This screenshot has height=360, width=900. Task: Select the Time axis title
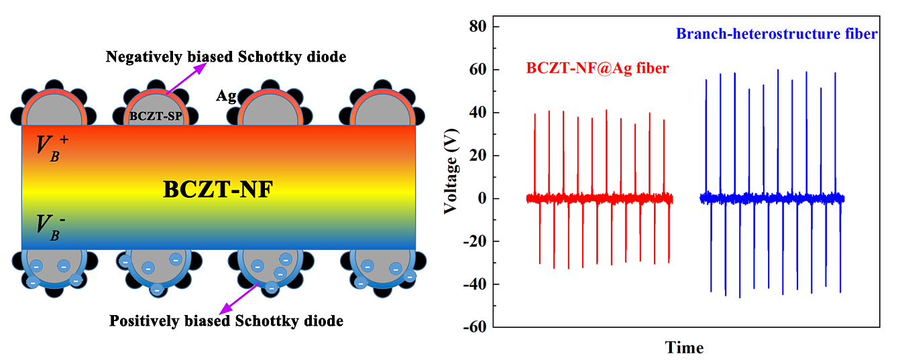click(684, 348)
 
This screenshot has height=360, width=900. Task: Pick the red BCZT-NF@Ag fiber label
click(598, 68)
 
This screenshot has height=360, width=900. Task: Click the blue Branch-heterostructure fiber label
click(777, 34)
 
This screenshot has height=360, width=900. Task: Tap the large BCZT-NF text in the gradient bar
click(217, 190)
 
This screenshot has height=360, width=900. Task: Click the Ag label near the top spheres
click(225, 96)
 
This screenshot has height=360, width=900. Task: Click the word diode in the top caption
click(327, 57)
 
